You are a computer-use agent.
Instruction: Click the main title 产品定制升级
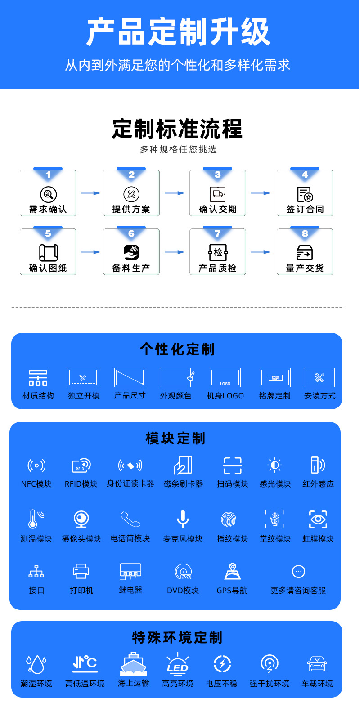click(179, 32)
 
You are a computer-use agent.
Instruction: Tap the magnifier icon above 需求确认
click(48, 194)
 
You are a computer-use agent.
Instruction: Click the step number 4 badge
click(305, 175)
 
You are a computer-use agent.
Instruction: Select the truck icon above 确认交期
click(218, 194)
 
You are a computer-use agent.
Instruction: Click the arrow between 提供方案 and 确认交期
click(175, 193)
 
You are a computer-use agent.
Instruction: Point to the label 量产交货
click(305, 268)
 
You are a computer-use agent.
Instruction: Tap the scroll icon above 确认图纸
click(48, 253)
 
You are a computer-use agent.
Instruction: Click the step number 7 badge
click(218, 233)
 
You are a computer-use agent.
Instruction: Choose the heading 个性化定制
click(177, 349)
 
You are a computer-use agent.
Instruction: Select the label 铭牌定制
click(274, 396)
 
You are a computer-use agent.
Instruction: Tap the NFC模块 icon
click(36, 465)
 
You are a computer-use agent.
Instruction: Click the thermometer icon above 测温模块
click(35, 519)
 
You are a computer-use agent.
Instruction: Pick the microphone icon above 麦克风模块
click(183, 519)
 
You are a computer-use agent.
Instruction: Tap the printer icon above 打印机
click(81, 571)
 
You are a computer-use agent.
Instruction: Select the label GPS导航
click(232, 591)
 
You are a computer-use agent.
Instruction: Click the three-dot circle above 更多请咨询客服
click(298, 571)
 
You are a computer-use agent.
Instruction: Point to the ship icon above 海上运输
click(134, 663)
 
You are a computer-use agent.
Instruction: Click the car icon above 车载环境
click(317, 664)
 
